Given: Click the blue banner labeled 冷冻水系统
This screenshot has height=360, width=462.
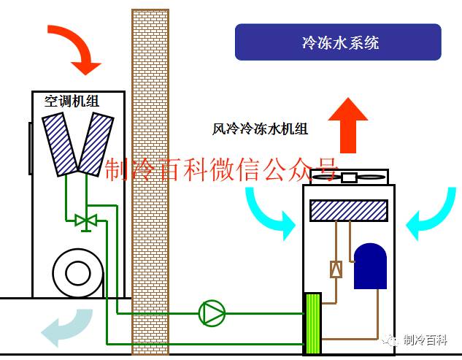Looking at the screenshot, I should (x=338, y=42).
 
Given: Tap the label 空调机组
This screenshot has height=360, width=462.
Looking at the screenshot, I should (x=72, y=102).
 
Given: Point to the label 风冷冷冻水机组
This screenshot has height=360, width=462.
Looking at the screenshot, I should (x=260, y=129).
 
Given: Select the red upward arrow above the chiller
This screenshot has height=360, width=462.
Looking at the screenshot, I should (x=347, y=124).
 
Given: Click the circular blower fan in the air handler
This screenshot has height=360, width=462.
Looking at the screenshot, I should (x=77, y=273).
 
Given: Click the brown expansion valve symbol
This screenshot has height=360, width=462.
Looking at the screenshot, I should (x=336, y=269).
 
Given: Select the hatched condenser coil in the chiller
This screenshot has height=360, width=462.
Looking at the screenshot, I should (x=348, y=210).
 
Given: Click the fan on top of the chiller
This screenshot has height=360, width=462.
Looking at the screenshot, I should (x=350, y=177).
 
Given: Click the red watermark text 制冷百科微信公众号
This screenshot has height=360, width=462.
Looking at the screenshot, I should (x=223, y=169).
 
